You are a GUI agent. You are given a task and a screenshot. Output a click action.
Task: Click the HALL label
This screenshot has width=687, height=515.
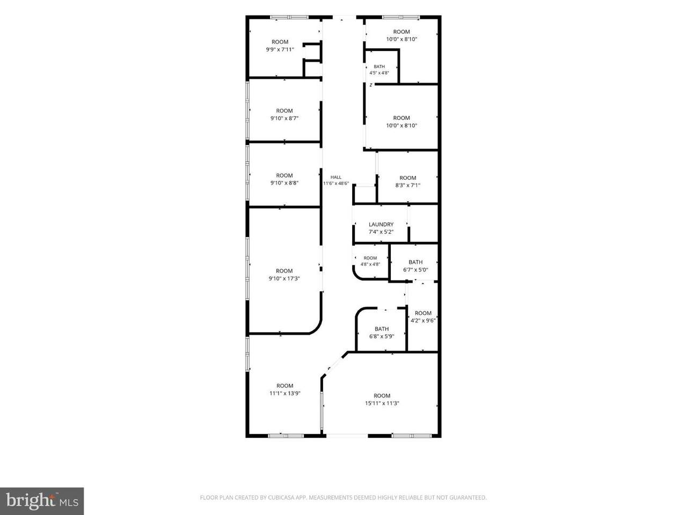point(336,177)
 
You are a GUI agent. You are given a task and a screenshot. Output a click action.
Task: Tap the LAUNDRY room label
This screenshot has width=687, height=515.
point(381,225)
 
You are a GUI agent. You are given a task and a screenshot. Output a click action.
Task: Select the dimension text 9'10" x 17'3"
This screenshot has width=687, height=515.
point(284,278)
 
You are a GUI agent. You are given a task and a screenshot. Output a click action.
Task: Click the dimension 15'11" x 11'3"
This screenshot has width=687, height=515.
point(382,403)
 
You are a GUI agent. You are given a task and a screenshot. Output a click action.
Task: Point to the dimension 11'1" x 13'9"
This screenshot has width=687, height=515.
point(285,393)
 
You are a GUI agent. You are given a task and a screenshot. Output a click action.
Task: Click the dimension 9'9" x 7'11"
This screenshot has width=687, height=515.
point(280,49)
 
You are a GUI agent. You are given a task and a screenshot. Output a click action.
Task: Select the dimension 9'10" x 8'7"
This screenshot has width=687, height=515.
point(284,118)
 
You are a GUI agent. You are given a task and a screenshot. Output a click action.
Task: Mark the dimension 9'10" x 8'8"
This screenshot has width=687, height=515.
point(284,183)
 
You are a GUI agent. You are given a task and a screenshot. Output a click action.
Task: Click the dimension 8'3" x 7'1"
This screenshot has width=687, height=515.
point(408,185)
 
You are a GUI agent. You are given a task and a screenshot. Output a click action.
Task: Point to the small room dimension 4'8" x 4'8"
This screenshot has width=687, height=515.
point(370,264)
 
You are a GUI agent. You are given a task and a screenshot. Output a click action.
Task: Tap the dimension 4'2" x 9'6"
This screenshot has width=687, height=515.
point(423,320)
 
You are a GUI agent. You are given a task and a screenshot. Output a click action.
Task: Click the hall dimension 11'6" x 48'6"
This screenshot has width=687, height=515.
point(336,183)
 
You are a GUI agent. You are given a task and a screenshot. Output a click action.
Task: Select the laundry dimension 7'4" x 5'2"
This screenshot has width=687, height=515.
point(381,232)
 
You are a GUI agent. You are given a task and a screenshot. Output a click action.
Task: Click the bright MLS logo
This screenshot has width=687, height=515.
point(42,501)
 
